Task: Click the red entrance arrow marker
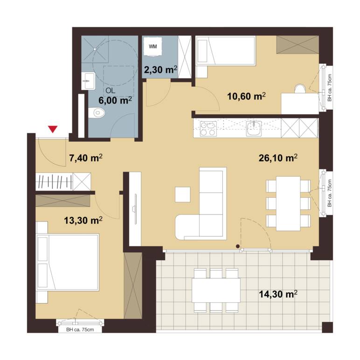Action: click(x=53, y=129)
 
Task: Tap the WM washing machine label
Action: click(x=153, y=47)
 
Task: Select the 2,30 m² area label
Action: click(x=160, y=69)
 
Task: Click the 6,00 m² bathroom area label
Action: click(x=115, y=101)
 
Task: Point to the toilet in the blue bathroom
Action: click(x=97, y=113)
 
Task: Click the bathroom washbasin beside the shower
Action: click(x=89, y=81)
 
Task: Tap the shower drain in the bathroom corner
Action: click(x=95, y=49)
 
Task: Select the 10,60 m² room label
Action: click(x=246, y=96)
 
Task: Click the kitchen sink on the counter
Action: click(x=254, y=128)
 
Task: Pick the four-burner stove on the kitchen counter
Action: click(x=208, y=129)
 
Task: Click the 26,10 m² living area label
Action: click(x=278, y=158)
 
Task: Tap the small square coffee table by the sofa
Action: click(x=183, y=194)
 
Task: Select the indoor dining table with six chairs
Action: click(x=288, y=203)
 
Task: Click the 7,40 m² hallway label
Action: click(x=86, y=158)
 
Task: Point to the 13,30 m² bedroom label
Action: click(x=83, y=221)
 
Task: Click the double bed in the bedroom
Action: click(x=68, y=262)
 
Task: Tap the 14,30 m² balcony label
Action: click(x=278, y=294)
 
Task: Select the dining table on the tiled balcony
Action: click(x=216, y=290)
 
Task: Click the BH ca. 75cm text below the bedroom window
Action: click(x=80, y=330)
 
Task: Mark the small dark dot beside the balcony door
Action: click(x=238, y=246)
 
